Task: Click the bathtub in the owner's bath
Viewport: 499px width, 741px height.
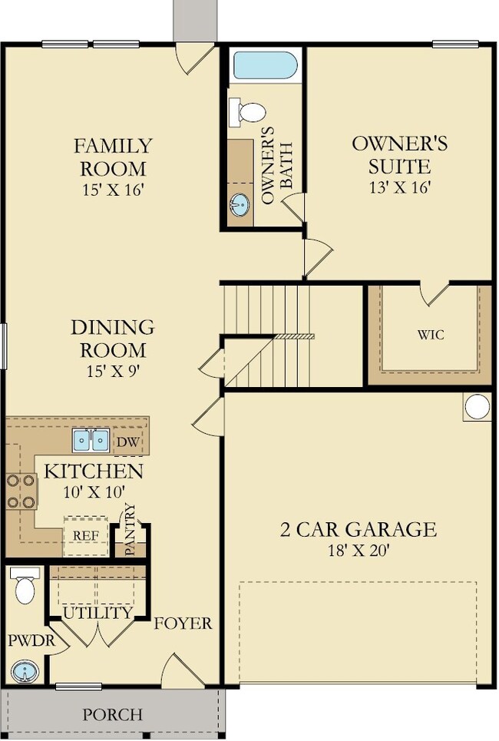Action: [x=266, y=66]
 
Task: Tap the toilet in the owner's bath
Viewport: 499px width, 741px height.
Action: [x=247, y=112]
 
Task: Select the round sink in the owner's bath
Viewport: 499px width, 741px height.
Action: [x=240, y=204]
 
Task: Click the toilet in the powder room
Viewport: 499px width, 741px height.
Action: [x=25, y=585]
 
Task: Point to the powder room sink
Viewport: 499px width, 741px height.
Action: [x=23, y=672]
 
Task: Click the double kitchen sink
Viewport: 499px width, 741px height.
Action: [x=91, y=440]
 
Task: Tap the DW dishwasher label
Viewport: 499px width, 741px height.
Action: [x=128, y=442]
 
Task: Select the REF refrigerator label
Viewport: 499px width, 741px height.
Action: [x=86, y=536]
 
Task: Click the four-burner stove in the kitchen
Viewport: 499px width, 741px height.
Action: [x=21, y=491]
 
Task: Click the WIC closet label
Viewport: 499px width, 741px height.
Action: [x=431, y=335]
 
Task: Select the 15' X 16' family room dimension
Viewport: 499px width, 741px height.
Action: [x=112, y=190]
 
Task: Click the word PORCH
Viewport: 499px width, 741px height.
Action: [x=112, y=714]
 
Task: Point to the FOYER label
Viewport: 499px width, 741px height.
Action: [x=183, y=624]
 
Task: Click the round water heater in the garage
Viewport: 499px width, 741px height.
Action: [x=477, y=406]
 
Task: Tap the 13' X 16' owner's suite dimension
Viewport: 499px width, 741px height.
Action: [x=400, y=187]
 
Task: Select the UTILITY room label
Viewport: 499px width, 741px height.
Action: [x=98, y=613]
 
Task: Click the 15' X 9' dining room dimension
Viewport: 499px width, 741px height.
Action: [x=114, y=371]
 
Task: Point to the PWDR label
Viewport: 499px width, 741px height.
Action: [x=31, y=641]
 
